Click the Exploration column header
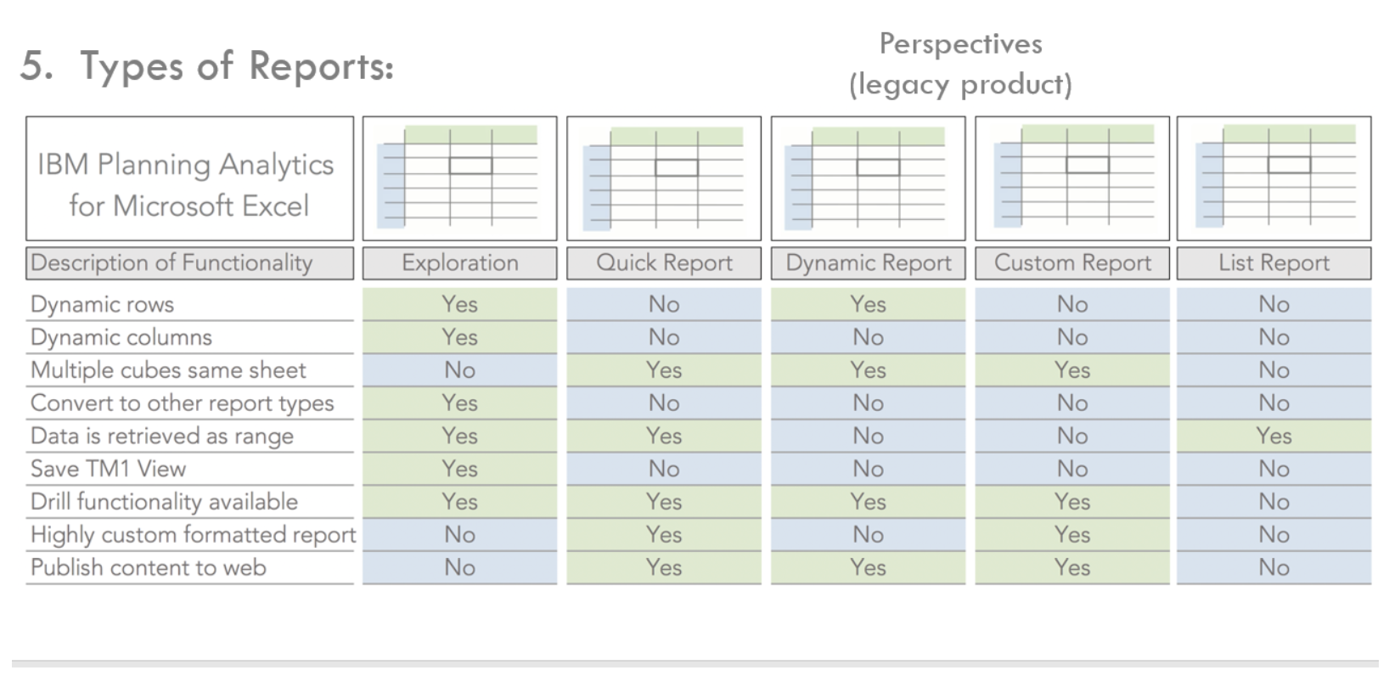(459, 263)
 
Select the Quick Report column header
(664, 263)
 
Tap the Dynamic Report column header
(868, 263)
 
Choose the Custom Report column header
(1072, 263)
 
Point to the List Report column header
(1274, 263)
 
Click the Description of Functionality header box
(189, 263)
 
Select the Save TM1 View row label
(108, 469)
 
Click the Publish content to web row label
(149, 567)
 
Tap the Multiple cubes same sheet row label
(168, 370)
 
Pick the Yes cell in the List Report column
(1274, 436)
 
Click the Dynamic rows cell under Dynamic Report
(868, 304)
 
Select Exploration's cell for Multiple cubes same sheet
(459, 370)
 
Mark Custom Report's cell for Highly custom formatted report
(1072, 534)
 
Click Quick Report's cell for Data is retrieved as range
(664, 436)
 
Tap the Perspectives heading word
(960, 44)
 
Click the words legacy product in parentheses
(960, 85)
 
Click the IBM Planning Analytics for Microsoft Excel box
(189, 179)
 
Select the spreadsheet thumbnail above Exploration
(459, 179)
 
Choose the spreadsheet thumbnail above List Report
(1274, 179)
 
